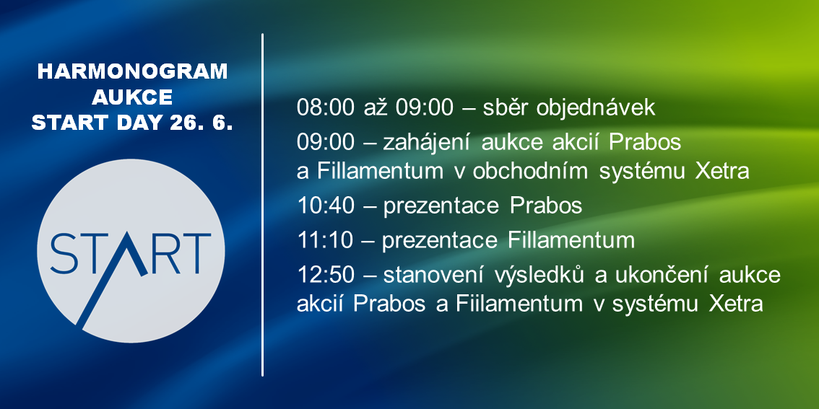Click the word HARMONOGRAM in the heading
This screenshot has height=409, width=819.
click(x=133, y=72)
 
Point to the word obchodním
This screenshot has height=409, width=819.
click(x=530, y=171)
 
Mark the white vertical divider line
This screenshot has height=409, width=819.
click(x=262, y=205)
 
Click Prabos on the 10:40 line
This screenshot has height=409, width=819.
click(x=545, y=206)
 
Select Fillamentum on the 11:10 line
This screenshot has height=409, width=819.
click(x=571, y=240)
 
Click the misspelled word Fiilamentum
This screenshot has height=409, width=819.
click(x=519, y=304)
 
